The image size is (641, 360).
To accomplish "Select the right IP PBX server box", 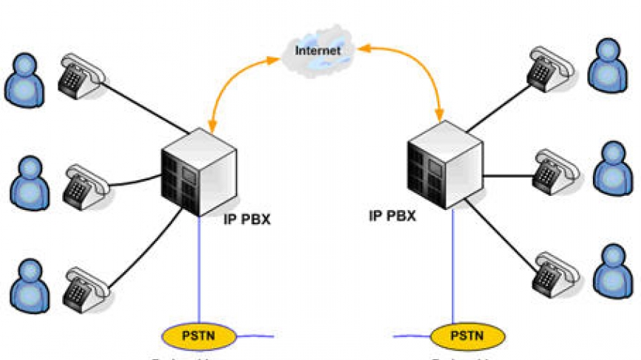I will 442,163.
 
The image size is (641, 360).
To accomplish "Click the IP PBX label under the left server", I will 248,219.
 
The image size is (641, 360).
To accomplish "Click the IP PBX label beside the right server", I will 392,216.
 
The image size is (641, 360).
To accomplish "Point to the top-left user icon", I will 24,78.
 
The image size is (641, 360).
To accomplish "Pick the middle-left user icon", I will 30,180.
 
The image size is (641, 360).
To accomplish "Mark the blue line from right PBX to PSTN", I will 451,266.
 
